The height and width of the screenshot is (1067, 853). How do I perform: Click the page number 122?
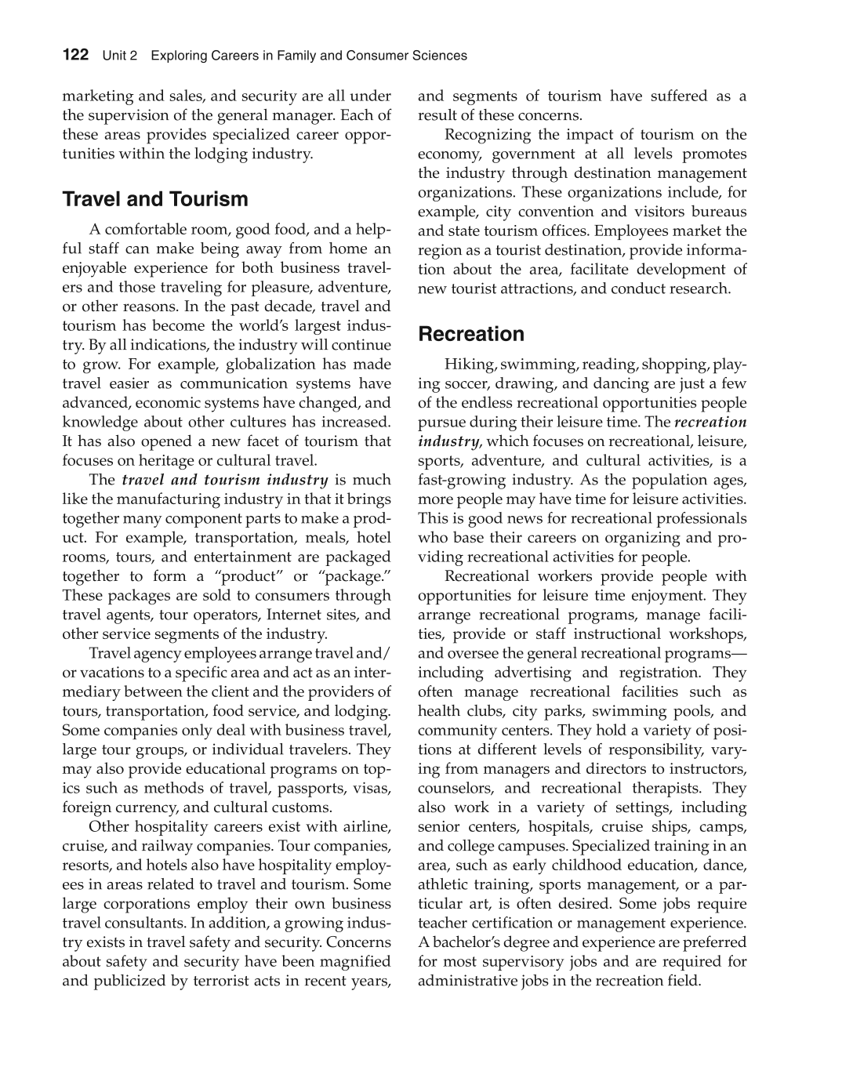click(x=75, y=55)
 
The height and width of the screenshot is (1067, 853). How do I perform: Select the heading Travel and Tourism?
click(x=155, y=199)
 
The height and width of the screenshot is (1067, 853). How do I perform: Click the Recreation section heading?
click(x=471, y=334)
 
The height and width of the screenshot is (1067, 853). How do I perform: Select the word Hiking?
click(x=469, y=365)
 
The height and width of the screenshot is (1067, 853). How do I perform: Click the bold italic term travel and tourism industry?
click(x=225, y=480)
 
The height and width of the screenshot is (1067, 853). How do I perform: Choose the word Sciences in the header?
click(x=440, y=56)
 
